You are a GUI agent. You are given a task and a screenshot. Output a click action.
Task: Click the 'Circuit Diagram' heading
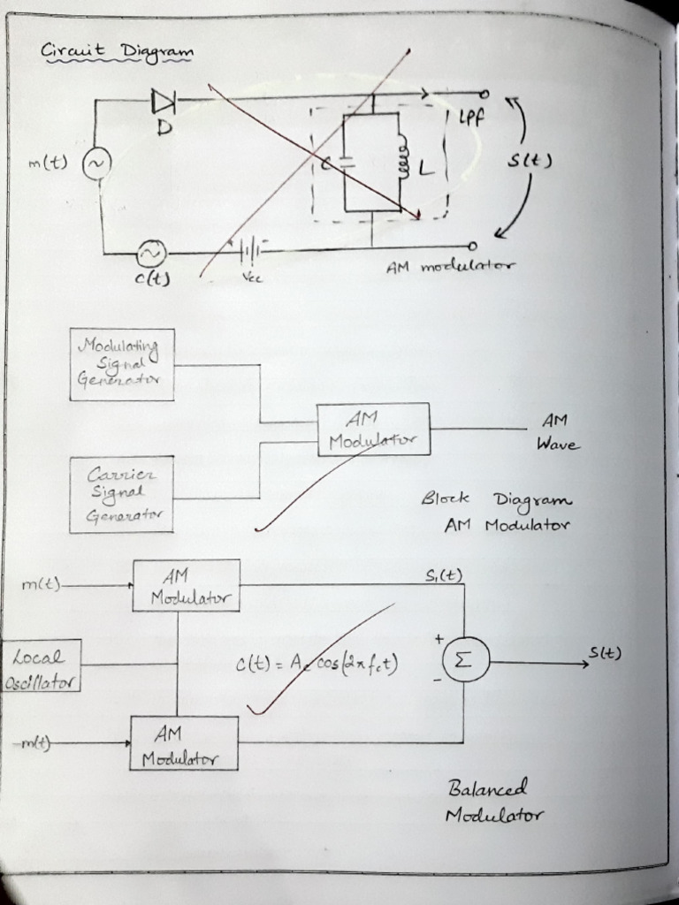pos(116,53)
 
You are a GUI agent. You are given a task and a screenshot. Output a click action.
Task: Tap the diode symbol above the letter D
pos(164,102)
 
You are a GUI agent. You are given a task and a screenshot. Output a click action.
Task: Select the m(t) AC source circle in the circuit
pos(95,164)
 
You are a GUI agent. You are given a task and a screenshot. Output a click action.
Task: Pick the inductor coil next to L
pos(401,162)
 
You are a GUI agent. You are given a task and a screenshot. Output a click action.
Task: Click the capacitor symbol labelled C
pos(347,164)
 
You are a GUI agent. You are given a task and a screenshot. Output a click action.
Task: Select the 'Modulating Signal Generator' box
pos(122,364)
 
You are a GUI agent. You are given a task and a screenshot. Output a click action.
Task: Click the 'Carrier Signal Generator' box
pos(121,495)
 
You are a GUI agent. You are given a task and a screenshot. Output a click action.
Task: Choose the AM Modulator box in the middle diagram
pos(373,430)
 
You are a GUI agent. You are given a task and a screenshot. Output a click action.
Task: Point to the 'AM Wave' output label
pos(557,432)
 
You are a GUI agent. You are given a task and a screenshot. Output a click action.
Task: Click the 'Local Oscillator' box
pos(41,666)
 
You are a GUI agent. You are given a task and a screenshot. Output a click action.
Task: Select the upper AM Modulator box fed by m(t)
pos(186,586)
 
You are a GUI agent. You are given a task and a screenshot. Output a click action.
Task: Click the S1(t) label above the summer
pos(443,575)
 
